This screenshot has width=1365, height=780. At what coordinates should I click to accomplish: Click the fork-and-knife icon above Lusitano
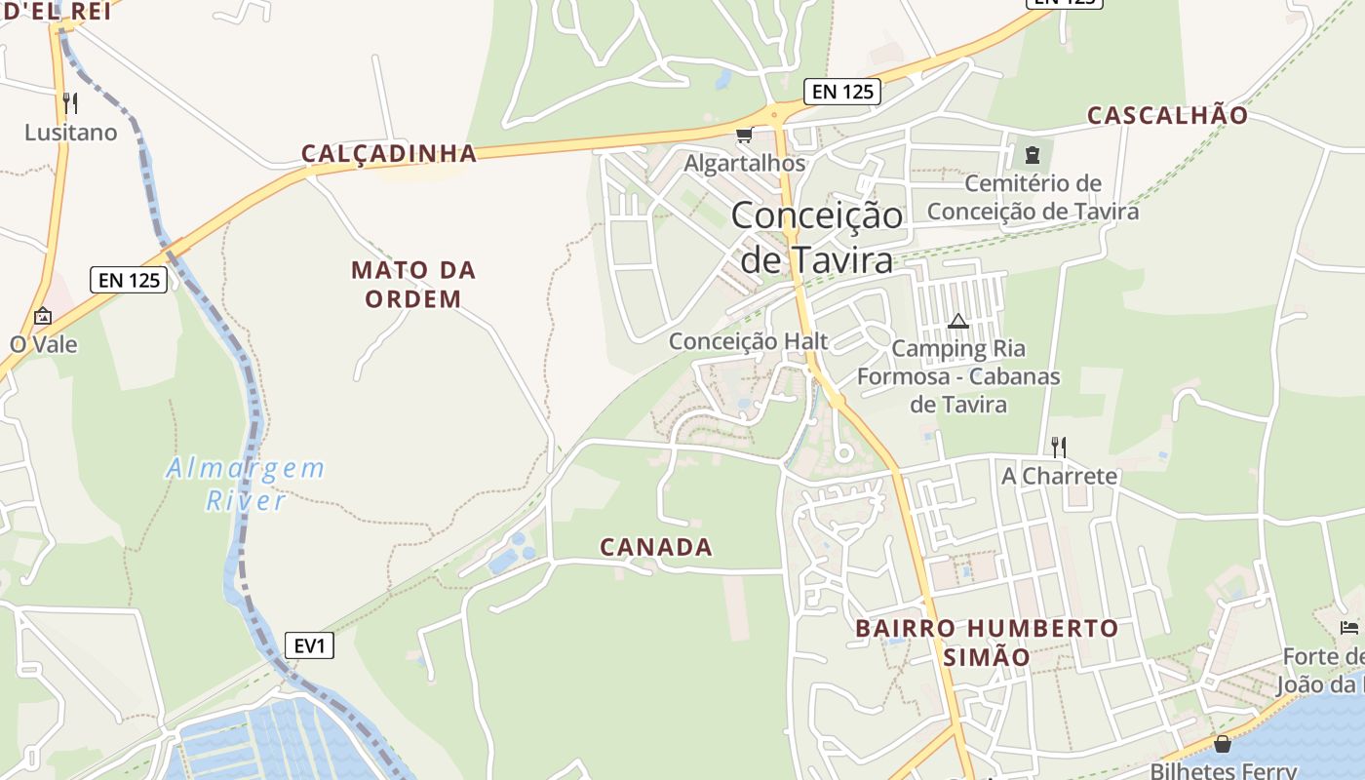[x=69, y=102]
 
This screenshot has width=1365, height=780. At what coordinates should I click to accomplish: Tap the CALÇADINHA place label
[x=389, y=153]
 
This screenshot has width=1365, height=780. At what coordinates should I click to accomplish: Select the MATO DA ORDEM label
[x=413, y=284]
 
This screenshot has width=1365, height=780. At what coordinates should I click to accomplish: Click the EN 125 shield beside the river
[x=130, y=280]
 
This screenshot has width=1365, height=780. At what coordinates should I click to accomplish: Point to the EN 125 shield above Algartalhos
[x=842, y=92]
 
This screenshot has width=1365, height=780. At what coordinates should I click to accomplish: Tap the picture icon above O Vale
[x=43, y=317]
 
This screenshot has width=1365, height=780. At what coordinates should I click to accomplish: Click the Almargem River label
[x=245, y=484]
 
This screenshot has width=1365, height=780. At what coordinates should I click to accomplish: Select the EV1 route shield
[x=309, y=644]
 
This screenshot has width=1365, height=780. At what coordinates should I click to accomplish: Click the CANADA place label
[x=656, y=547]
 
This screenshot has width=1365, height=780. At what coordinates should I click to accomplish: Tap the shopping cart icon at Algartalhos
[x=745, y=135]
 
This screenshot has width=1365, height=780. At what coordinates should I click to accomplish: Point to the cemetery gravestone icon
[x=1033, y=154]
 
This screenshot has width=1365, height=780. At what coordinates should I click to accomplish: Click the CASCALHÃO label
[x=1167, y=115]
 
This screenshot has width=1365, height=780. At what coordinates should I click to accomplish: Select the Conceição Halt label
[x=748, y=341]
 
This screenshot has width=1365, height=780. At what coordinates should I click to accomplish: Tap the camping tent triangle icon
[x=957, y=321]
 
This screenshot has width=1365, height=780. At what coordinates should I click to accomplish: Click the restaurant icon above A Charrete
[x=1059, y=448]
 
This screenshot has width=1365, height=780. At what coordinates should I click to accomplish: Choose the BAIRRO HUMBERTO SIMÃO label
[x=987, y=642]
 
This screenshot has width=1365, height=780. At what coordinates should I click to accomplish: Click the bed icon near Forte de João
[x=1349, y=627]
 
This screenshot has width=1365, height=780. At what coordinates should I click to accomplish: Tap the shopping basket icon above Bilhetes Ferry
[x=1223, y=745]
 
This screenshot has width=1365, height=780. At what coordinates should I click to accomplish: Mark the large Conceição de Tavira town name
[x=817, y=237]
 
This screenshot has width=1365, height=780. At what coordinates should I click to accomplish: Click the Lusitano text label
[x=70, y=133]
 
